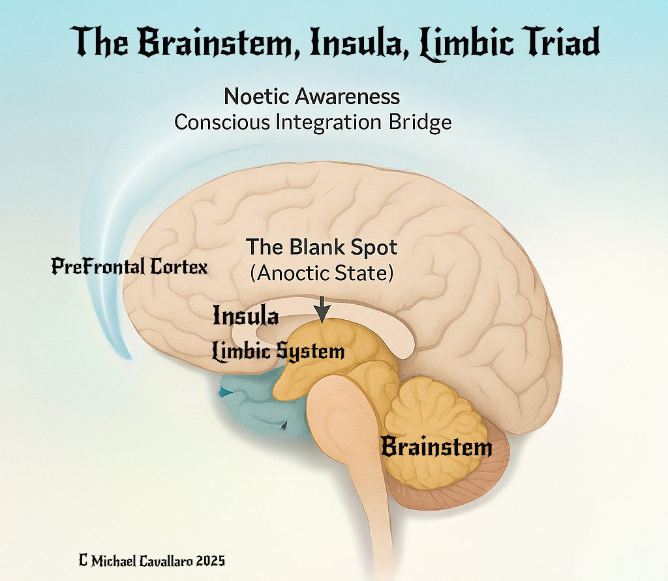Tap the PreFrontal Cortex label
(x=130, y=266)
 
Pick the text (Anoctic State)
(x=322, y=273)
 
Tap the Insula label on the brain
(x=246, y=317)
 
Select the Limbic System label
(x=279, y=352)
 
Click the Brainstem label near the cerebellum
(x=436, y=447)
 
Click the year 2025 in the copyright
(x=209, y=560)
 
